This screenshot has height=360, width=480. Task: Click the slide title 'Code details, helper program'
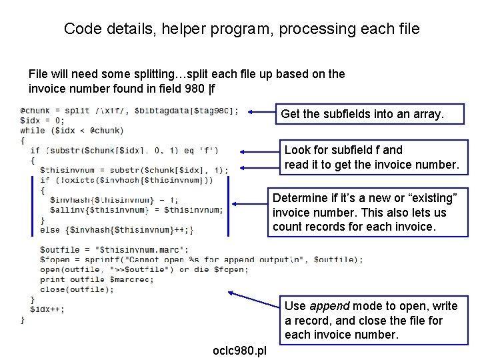241,29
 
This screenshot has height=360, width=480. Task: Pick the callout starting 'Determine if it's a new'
369,213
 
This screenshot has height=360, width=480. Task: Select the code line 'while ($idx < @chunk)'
71,131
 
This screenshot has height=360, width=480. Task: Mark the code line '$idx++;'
47,309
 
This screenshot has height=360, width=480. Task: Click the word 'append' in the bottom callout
326,306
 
